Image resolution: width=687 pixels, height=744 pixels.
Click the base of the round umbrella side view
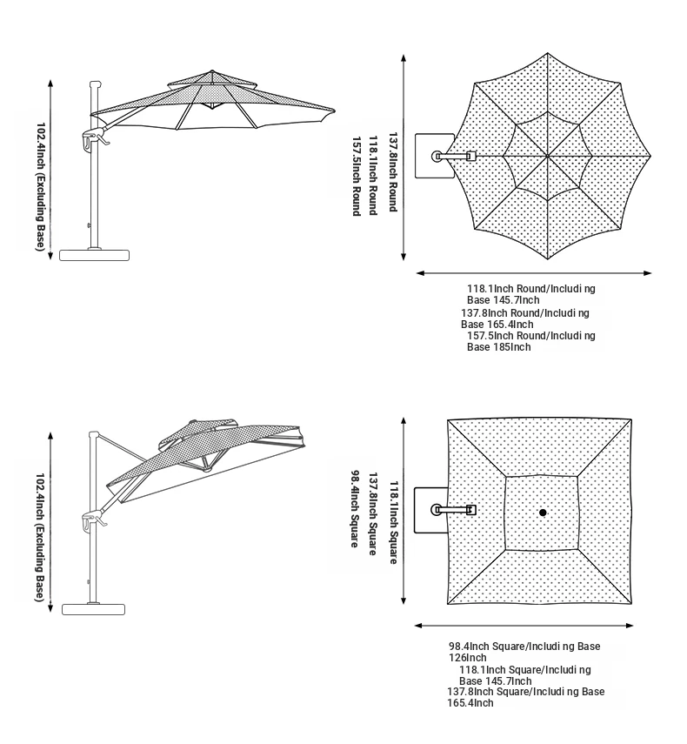pyautogui.click(x=94, y=255)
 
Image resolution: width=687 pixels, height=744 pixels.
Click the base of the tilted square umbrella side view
pyautogui.click(x=93, y=609)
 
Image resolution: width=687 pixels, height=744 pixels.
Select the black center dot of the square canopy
pyautogui.click(x=543, y=513)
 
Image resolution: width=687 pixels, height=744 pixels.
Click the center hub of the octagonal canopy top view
pyautogui.click(x=547, y=156)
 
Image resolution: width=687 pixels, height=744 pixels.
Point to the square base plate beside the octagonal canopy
pyautogui.click(x=434, y=156)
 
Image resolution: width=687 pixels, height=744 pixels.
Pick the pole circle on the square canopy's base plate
pyautogui.click(x=437, y=510)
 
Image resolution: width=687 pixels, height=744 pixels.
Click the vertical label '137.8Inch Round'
pyautogui.click(x=392, y=171)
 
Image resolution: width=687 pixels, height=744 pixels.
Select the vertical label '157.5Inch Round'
pyautogui.click(x=357, y=177)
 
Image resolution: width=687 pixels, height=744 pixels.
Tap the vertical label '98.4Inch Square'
pyautogui.click(x=355, y=509)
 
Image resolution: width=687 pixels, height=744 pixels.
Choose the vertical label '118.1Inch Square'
pyautogui.click(x=394, y=522)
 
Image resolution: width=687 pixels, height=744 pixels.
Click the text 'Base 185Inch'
pyautogui.click(x=499, y=347)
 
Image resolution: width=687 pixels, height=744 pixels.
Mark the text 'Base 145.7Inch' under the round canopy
pyautogui.click(x=503, y=300)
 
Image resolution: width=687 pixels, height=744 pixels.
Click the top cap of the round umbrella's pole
pyautogui.click(x=96, y=84)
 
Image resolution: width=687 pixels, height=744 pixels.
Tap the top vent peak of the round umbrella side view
pyautogui.click(x=212, y=71)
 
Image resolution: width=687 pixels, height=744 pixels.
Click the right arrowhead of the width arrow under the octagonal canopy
pyautogui.click(x=648, y=273)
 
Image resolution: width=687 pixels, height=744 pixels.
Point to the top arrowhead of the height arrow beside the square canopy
pyautogui.click(x=404, y=422)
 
